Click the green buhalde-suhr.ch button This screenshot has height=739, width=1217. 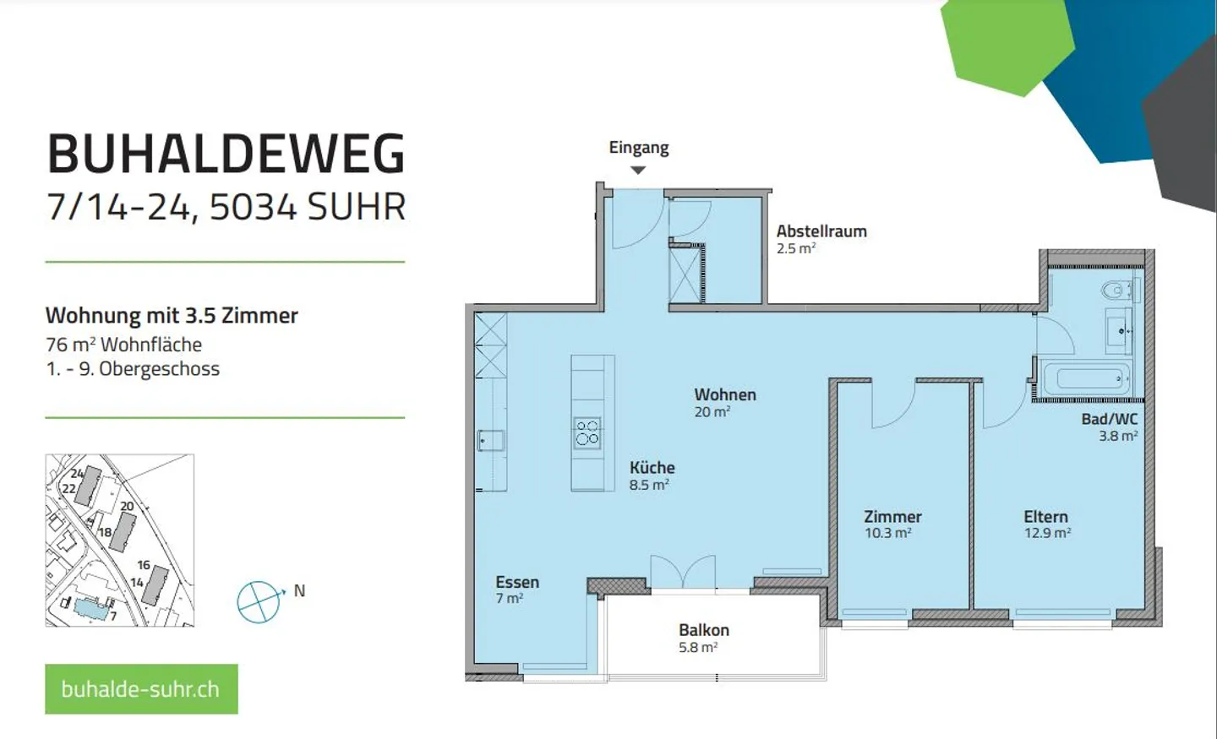tap(141, 689)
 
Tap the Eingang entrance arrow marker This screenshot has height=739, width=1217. tap(638, 170)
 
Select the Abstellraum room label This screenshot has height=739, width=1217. tap(821, 231)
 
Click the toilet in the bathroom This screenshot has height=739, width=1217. tap(1117, 291)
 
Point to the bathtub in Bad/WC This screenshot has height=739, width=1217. tap(1087, 377)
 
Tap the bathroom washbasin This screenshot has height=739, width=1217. tap(1120, 330)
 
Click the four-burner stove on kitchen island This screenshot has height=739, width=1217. tap(587, 432)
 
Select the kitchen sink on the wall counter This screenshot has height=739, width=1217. tap(491, 440)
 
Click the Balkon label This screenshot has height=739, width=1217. tap(703, 630)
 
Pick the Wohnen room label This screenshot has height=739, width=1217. tap(725, 394)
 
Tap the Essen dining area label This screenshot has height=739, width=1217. tap(517, 582)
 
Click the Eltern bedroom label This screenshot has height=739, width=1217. tap(1045, 516)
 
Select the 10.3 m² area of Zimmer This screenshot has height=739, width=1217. tap(887, 533)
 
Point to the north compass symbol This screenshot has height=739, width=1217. tap(259, 602)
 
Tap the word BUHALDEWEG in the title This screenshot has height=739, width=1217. tap(226, 154)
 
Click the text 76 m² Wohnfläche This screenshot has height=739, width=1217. tap(124, 345)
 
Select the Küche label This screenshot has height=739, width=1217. tap(652, 467)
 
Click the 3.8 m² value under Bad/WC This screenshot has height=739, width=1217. tap(1117, 436)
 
